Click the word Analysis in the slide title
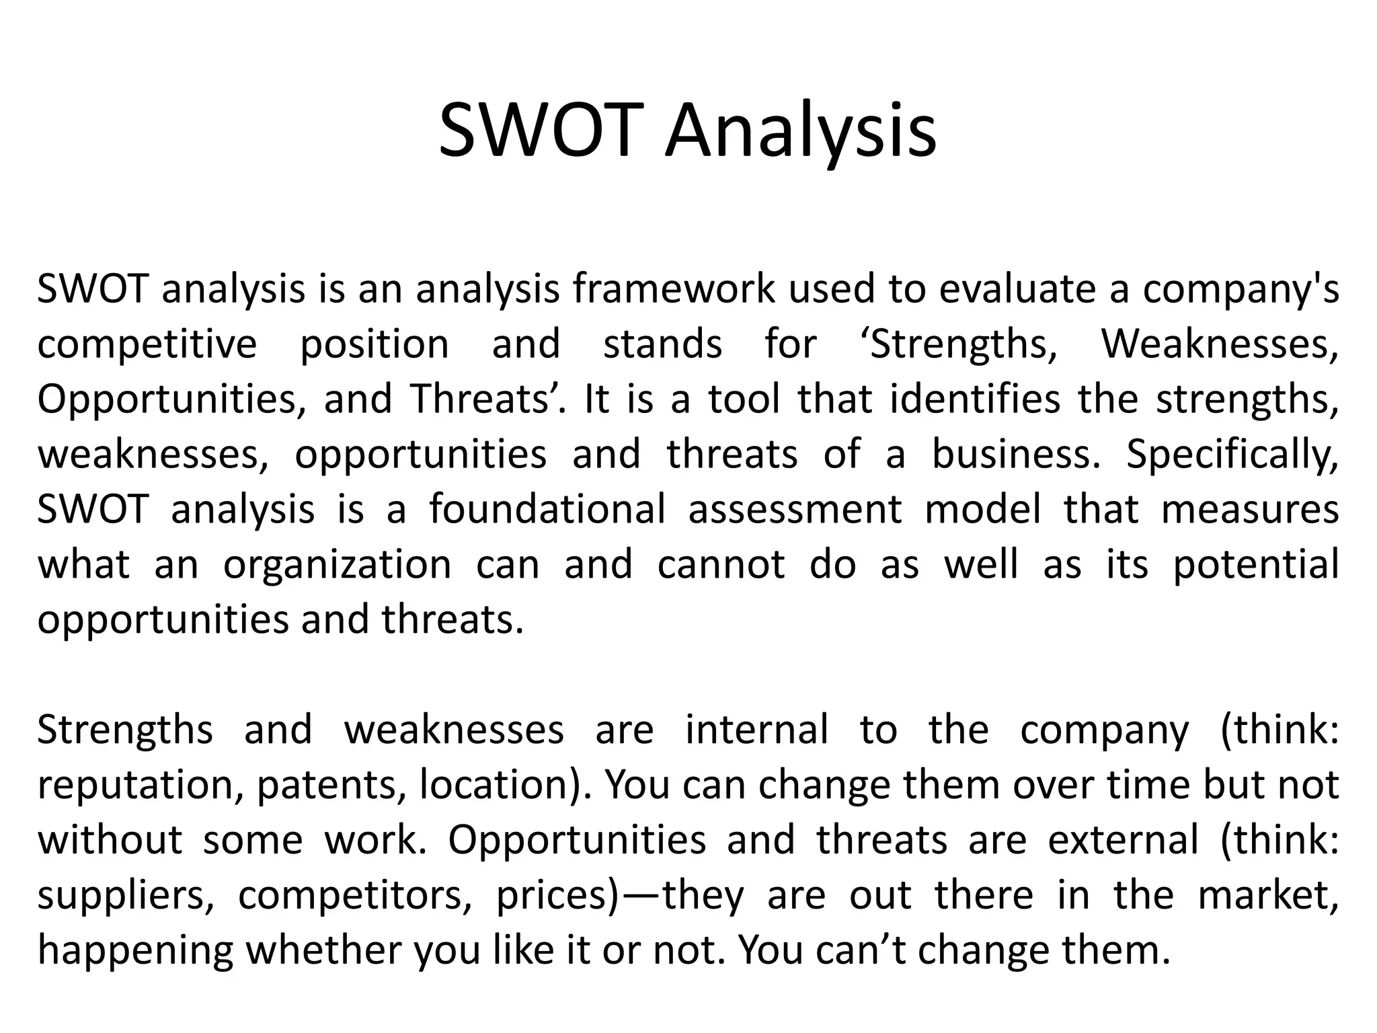click(x=800, y=132)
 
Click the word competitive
click(x=147, y=344)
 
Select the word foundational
click(x=547, y=509)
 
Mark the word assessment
click(x=795, y=509)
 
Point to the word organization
click(x=337, y=565)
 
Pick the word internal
click(x=756, y=730)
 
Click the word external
click(x=1123, y=840)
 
